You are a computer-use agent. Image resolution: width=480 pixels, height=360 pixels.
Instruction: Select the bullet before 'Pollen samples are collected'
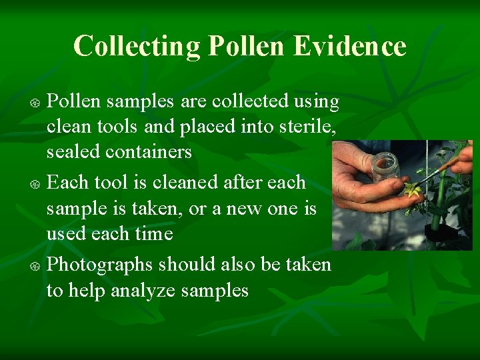[x=38, y=103]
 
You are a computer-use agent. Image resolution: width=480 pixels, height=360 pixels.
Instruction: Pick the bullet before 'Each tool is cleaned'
[x=38, y=183]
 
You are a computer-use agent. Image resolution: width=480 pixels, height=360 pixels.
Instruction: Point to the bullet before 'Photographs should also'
[x=38, y=265]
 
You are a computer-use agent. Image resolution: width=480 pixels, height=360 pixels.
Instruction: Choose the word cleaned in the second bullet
[x=183, y=182]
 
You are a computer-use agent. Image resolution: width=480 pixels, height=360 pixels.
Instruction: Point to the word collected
[x=250, y=101]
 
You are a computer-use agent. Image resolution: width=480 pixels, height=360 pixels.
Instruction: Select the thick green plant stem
[x=439, y=200]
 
